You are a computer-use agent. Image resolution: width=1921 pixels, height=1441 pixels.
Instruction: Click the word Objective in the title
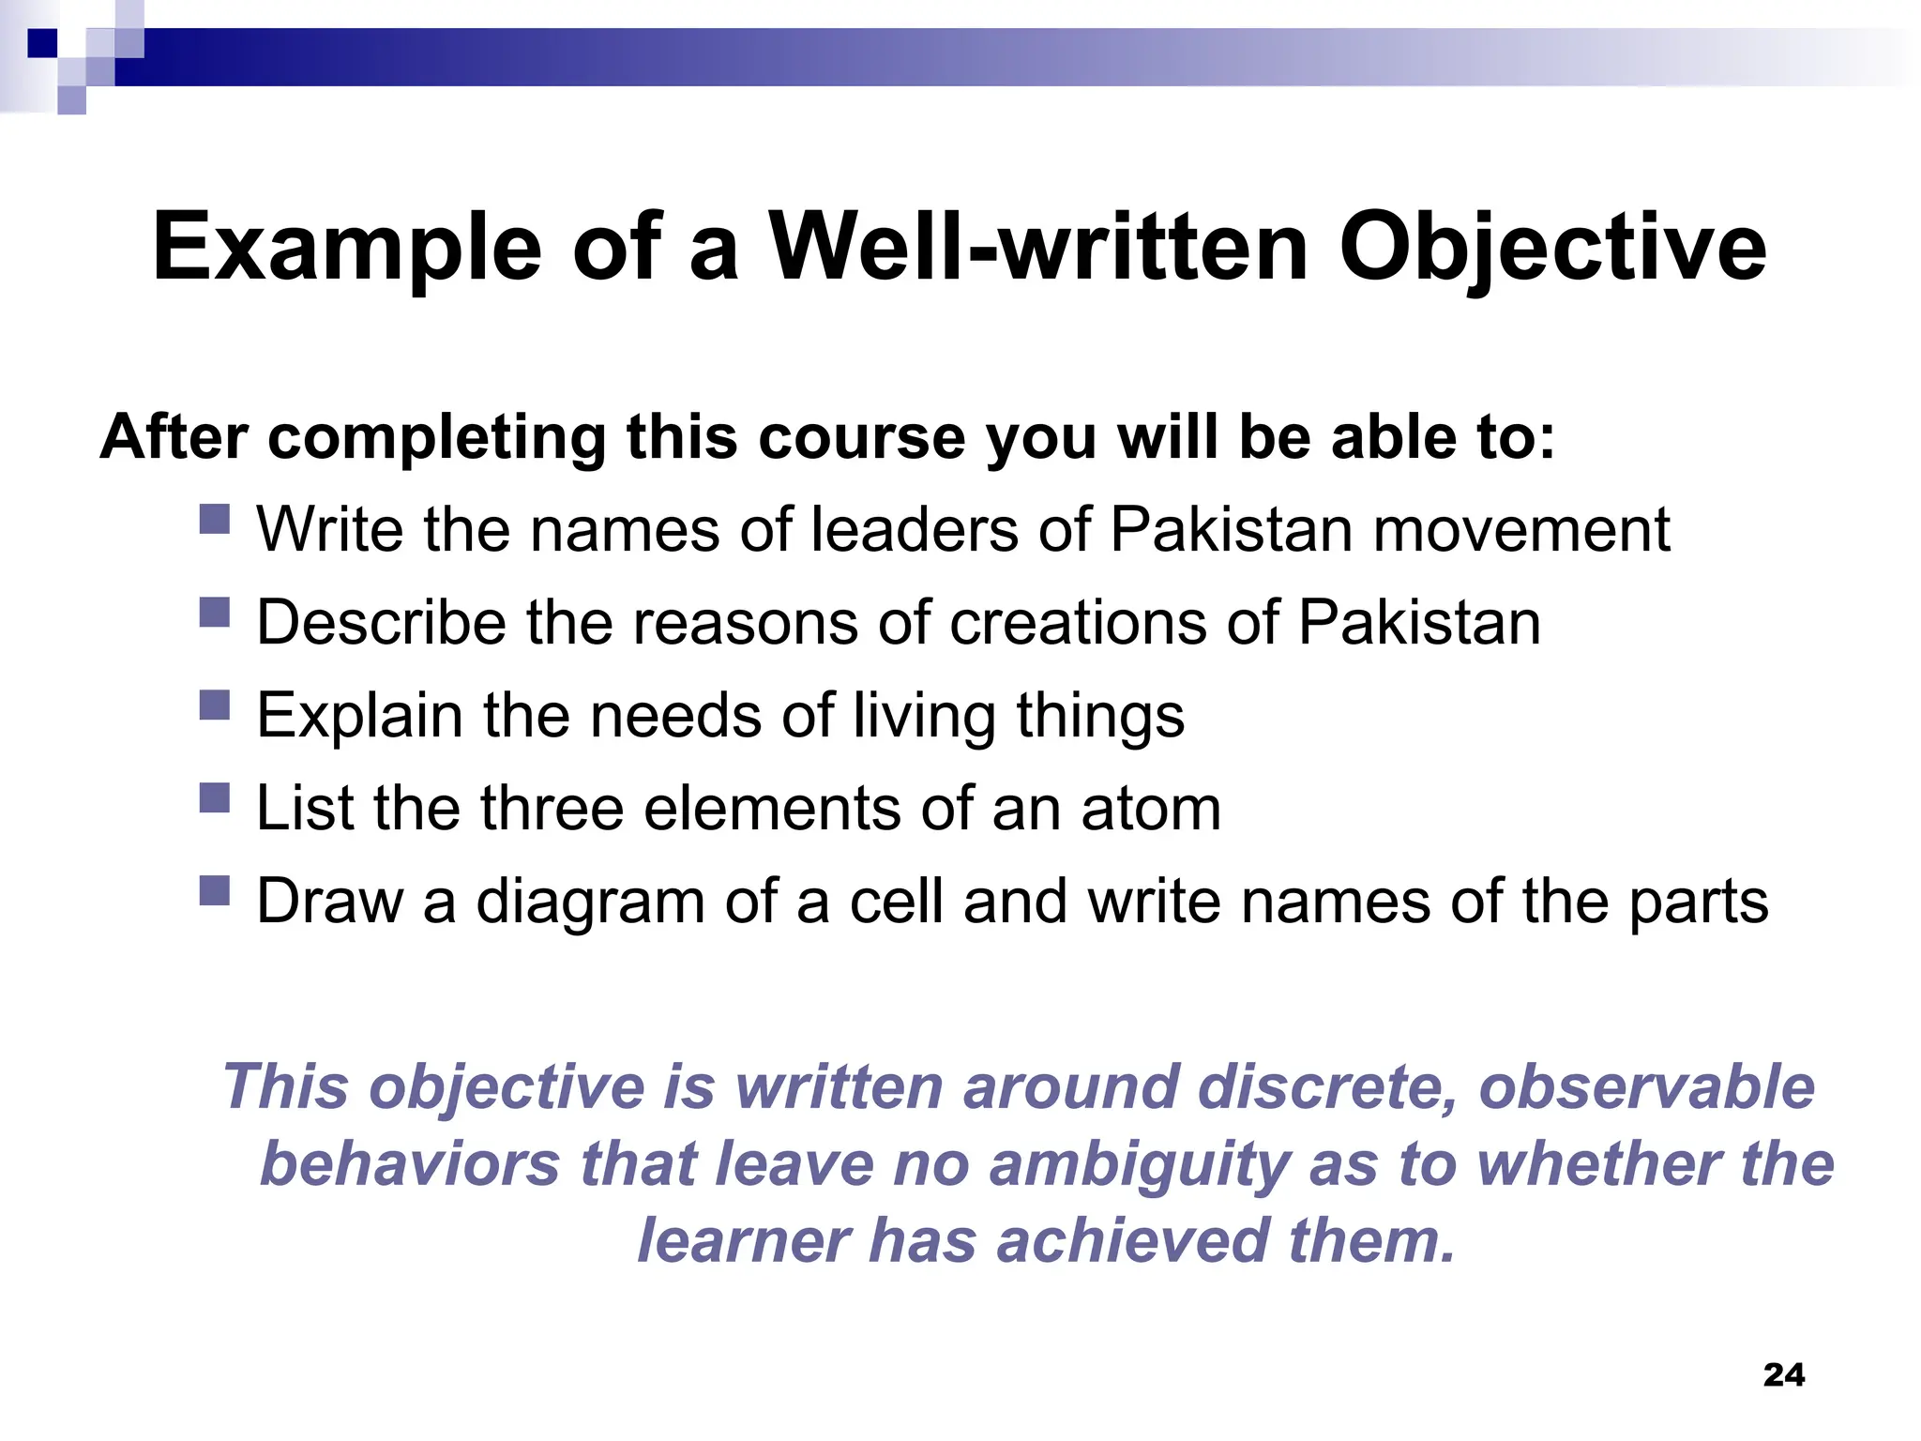click(1552, 247)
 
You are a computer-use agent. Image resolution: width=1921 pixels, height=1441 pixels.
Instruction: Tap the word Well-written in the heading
click(1038, 247)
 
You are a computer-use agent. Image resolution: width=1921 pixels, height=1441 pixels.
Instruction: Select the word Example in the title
click(346, 247)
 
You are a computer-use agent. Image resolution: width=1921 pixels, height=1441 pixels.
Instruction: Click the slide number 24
click(1783, 1374)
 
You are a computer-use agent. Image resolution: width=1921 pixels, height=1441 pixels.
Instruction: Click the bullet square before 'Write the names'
click(215, 519)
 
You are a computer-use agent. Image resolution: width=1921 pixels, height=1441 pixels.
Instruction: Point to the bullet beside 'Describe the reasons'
click(215, 612)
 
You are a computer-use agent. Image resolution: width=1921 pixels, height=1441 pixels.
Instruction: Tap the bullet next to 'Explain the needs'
click(215, 705)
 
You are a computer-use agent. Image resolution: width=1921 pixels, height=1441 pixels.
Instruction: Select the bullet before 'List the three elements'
click(215, 797)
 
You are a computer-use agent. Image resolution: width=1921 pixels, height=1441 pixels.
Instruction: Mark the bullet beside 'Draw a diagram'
click(215, 890)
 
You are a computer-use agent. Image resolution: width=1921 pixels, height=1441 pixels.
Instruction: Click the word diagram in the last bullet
click(590, 902)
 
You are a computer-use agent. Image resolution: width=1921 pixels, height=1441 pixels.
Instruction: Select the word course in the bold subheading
click(861, 437)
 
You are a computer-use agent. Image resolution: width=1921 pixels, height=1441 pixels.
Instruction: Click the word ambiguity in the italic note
click(1139, 1164)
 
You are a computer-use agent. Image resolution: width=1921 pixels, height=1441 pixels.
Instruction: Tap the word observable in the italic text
click(1646, 1087)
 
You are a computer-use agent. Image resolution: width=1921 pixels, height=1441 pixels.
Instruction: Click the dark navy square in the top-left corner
click(43, 43)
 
